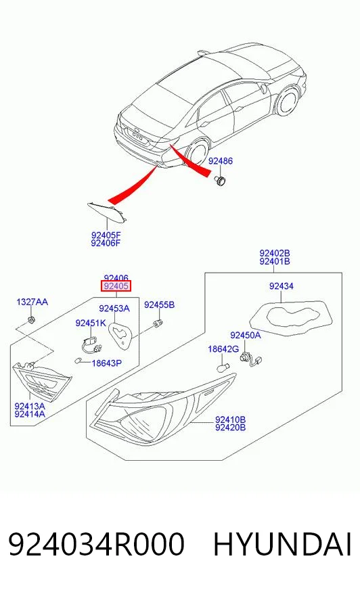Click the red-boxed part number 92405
click(116, 286)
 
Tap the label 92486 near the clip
click(221, 161)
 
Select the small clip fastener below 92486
click(219, 180)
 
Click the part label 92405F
click(106, 235)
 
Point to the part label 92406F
click(106, 243)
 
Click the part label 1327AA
click(32, 302)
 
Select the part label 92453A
click(114, 309)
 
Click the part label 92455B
click(159, 304)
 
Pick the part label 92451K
click(91, 323)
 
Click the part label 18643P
click(107, 363)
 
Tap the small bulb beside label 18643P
click(78, 361)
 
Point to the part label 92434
click(282, 286)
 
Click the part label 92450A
click(245, 335)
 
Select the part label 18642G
click(223, 349)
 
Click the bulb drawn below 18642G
click(223, 367)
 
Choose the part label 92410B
click(230, 419)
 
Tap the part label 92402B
click(275, 253)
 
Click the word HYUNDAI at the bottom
click(282, 545)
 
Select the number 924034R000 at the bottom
click(96, 545)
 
